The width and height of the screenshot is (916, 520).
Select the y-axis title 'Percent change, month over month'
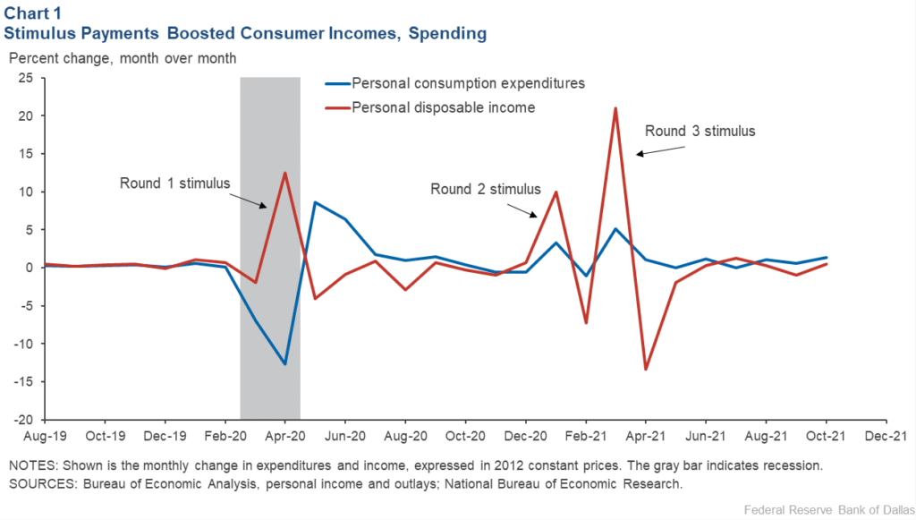coord(123,58)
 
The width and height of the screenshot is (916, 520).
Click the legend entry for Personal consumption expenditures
coord(468,83)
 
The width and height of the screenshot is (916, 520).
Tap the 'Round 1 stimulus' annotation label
coord(175,183)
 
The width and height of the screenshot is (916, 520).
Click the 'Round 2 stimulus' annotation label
coord(486,189)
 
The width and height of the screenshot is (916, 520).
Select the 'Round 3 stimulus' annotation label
coord(700,131)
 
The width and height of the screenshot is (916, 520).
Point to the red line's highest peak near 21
coord(615,108)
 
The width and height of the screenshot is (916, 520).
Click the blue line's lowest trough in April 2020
coord(284,364)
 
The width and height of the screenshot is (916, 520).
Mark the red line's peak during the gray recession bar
coord(284,173)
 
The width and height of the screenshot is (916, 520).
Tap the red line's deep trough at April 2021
coord(645,369)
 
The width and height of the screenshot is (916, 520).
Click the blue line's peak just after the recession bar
coord(315,202)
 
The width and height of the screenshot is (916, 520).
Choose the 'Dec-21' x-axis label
coord(885,438)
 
